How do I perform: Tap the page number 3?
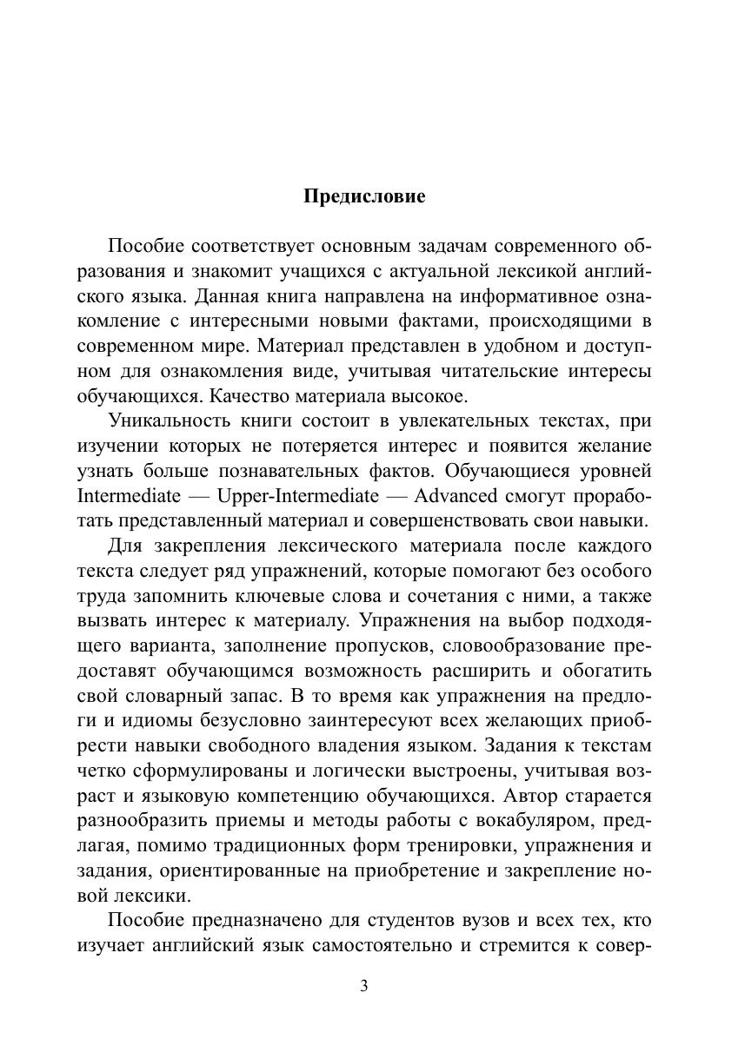[x=364, y=985]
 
